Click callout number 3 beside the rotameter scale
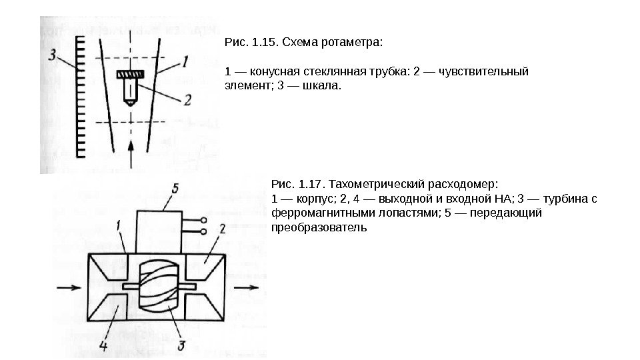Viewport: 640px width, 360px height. (53, 54)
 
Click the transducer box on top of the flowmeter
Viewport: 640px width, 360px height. (159, 230)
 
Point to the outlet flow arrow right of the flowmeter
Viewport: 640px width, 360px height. (246, 288)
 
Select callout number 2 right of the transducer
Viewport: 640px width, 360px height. (222, 229)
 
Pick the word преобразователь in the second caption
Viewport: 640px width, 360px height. (320, 227)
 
